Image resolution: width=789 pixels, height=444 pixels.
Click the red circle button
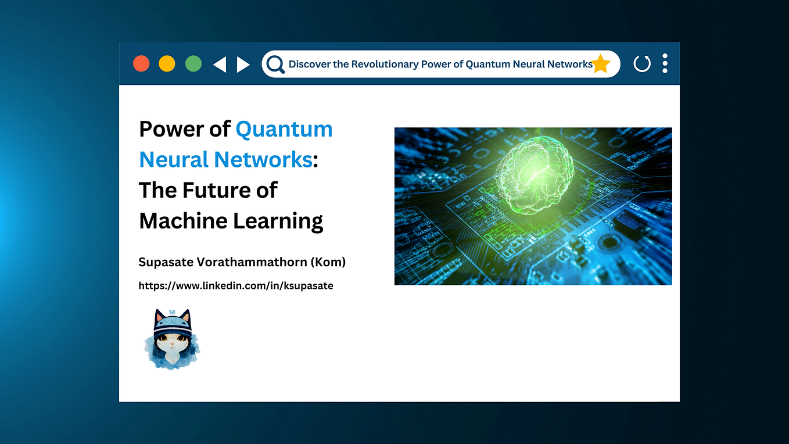coord(141,64)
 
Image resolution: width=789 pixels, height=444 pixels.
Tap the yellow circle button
coord(167,64)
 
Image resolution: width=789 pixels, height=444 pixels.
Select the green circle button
coord(193,64)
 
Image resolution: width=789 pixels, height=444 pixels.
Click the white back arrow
coord(220,65)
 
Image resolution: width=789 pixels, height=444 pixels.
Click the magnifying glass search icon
coord(275,65)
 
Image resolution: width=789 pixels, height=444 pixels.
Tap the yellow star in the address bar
coord(601,64)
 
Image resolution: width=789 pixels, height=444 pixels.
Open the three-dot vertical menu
coord(665,63)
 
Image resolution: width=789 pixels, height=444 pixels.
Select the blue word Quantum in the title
coord(284,130)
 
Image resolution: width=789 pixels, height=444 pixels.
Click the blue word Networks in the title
coord(263,160)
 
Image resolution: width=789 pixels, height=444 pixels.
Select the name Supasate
coord(166,263)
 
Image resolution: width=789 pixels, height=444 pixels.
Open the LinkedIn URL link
coord(236,285)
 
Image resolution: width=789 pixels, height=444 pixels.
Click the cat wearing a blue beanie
coord(172,339)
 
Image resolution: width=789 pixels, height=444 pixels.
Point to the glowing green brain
coord(535,175)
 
